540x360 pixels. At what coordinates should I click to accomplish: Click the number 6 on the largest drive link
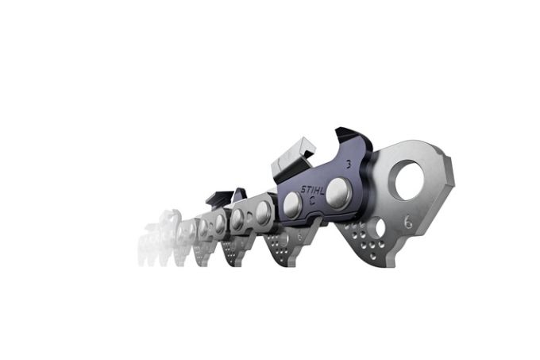pyautogui.click(x=408, y=224)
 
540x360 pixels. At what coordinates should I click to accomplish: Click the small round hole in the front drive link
pyautogui.click(x=380, y=229)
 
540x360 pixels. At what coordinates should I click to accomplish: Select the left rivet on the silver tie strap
pyautogui.click(x=237, y=220)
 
